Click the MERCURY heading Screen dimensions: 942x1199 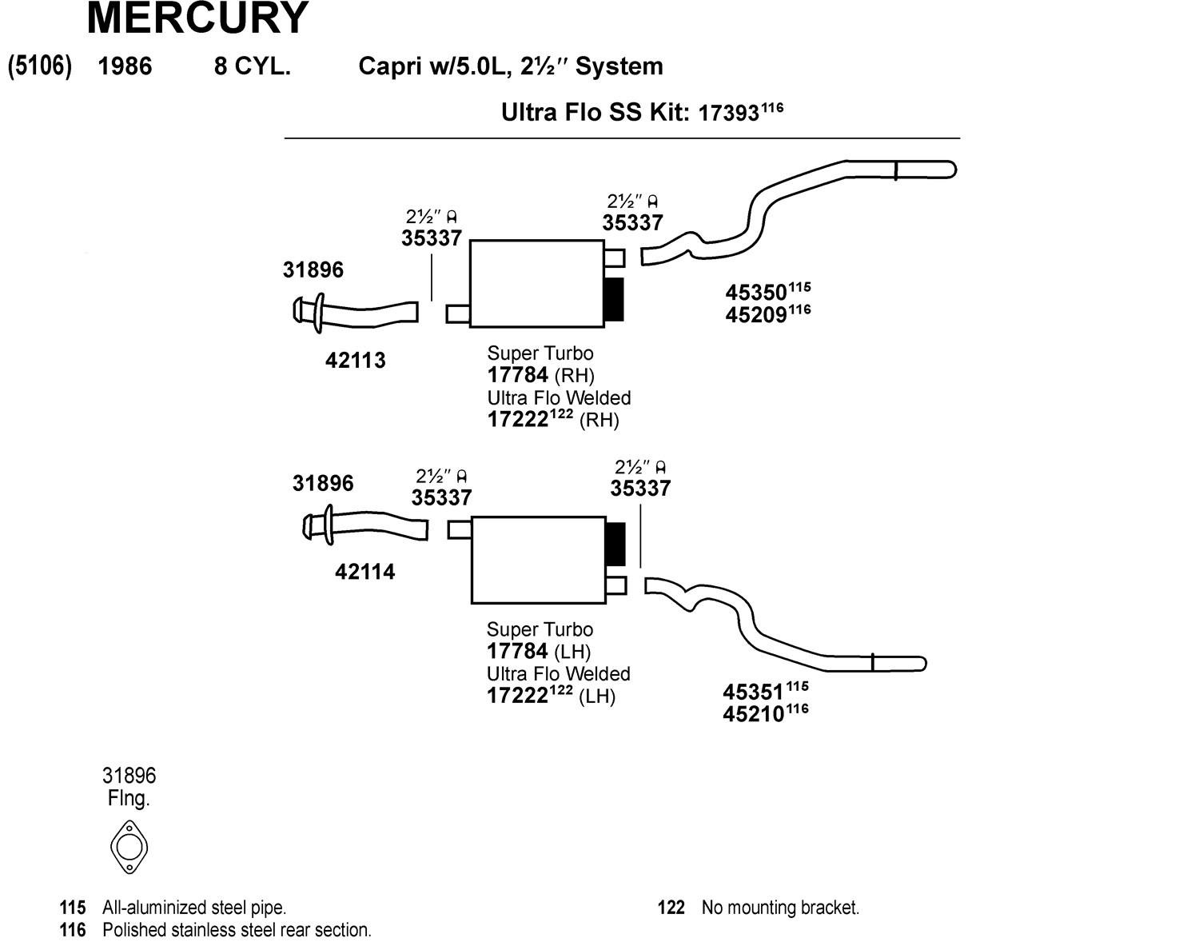pyautogui.click(x=197, y=18)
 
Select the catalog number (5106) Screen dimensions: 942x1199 pyautogui.click(x=40, y=66)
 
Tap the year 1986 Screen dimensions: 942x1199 pyautogui.click(x=125, y=66)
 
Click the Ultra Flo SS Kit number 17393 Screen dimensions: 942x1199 pyautogui.click(x=728, y=114)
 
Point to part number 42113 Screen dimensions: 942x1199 pyautogui.click(x=355, y=361)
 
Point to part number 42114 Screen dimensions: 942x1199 pyautogui.click(x=364, y=573)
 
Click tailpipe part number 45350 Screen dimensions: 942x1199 pyautogui.click(x=756, y=293)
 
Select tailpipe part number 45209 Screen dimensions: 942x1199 pyautogui.click(x=756, y=315)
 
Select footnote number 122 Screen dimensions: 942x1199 pyautogui.click(x=671, y=908)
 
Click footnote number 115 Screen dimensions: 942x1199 pyautogui.click(x=73, y=908)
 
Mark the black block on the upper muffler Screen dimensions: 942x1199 pyautogui.click(x=613, y=300)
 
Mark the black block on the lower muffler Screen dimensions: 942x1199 pyautogui.click(x=615, y=544)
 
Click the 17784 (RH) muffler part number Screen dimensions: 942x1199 pyautogui.click(x=518, y=375)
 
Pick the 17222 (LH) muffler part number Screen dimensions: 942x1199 pyautogui.click(x=517, y=696)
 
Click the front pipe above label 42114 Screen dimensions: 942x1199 pyautogui.click(x=368, y=525)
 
